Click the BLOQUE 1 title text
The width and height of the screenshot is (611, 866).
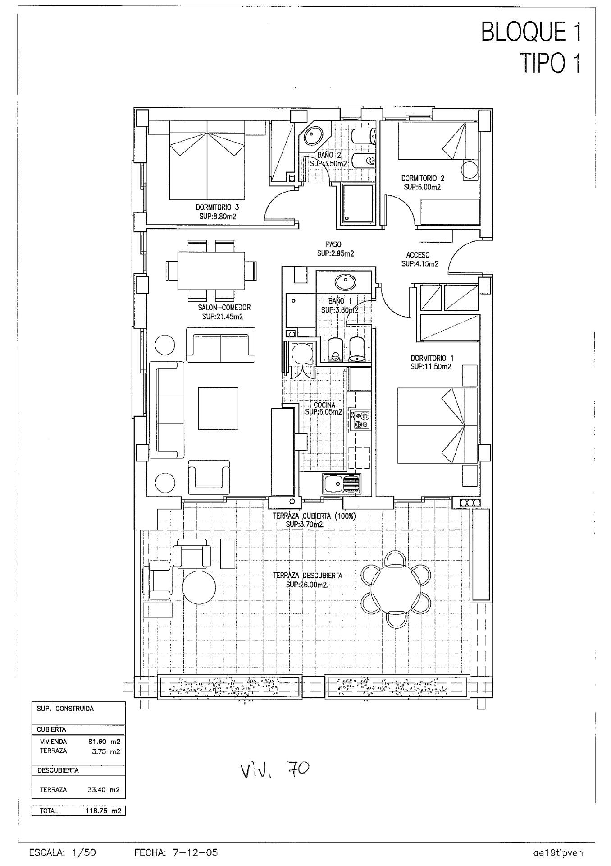pyautogui.click(x=531, y=33)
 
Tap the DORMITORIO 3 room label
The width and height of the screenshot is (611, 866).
pyautogui.click(x=217, y=207)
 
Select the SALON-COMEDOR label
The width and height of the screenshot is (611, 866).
pyautogui.click(x=224, y=308)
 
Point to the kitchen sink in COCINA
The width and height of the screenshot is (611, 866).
pyautogui.click(x=341, y=484)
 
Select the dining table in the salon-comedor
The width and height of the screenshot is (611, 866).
pyautogui.click(x=212, y=271)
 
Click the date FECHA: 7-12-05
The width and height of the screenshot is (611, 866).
pyautogui.click(x=176, y=852)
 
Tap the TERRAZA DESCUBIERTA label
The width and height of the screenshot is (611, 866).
pyautogui.click(x=307, y=576)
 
